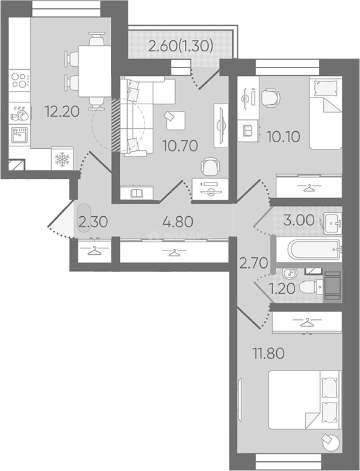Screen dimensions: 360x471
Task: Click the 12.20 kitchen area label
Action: (62, 112)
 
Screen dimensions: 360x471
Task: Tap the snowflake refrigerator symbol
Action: (62, 159)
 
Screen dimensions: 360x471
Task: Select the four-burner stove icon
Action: (20, 80)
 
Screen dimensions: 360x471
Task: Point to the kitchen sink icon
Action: (20, 135)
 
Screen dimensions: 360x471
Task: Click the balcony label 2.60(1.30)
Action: (181, 47)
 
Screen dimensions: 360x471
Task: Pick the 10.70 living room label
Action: (180, 146)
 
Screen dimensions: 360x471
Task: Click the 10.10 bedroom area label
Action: (283, 137)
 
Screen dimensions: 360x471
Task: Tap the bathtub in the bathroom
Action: (314, 249)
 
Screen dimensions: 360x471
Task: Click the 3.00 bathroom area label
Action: (299, 221)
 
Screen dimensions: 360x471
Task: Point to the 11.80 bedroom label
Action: (268, 353)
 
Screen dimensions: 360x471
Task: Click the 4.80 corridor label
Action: (177, 222)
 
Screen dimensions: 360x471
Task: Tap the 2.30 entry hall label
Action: (93, 222)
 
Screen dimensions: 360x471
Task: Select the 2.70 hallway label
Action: (253, 263)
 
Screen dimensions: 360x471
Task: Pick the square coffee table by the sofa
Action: (176, 120)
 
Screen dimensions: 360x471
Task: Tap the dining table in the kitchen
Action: (95, 71)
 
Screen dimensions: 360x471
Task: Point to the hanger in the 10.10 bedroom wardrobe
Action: (309, 188)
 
